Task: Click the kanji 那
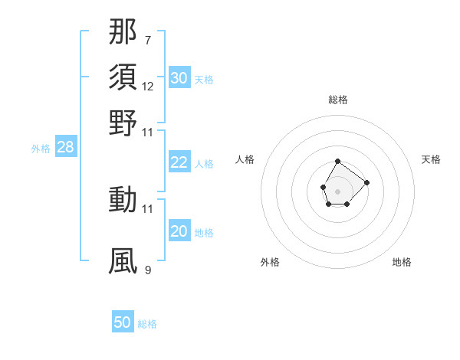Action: [x=123, y=32]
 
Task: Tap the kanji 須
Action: [x=123, y=77]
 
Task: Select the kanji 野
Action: [x=123, y=123]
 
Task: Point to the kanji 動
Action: [x=123, y=199]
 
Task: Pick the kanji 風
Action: [x=123, y=260]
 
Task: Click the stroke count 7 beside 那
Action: [x=147, y=40]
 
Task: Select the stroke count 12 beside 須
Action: [x=148, y=86]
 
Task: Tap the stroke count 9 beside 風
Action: [x=147, y=270]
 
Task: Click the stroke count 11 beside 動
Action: [x=148, y=208]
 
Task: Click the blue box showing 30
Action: [x=179, y=77]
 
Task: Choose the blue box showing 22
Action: [x=179, y=162]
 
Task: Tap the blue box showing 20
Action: [x=179, y=231]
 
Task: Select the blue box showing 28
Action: [x=65, y=148]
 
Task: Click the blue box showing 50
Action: [x=123, y=322]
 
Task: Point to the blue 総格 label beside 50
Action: [x=147, y=324]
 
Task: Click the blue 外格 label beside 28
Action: [x=41, y=149]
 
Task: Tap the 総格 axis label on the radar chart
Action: [x=338, y=100]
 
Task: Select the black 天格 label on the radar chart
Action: [x=431, y=159]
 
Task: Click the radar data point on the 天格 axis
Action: [x=366, y=182]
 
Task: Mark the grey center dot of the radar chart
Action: [x=338, y=191]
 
